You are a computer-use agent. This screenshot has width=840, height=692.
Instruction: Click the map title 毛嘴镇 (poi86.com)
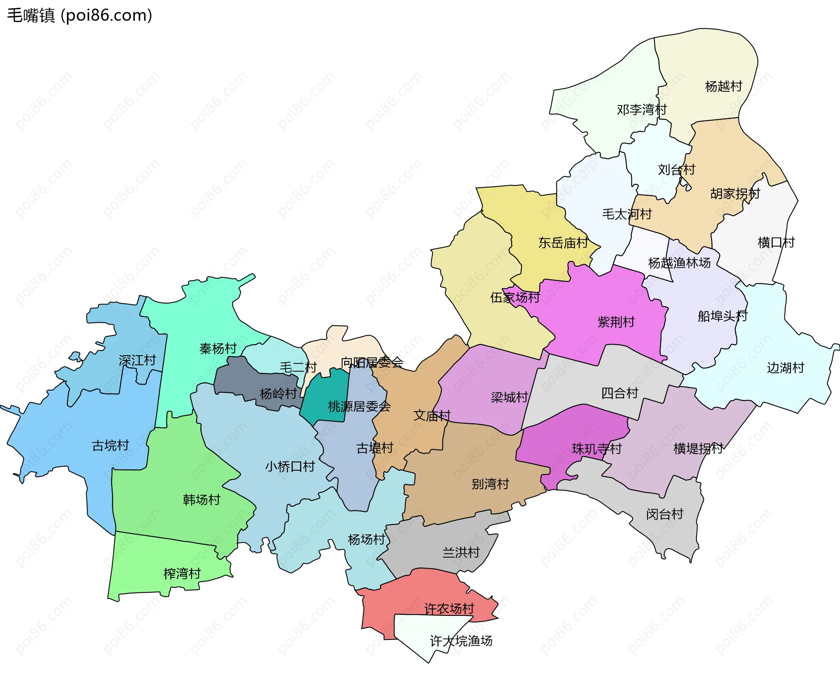tap(80, 15)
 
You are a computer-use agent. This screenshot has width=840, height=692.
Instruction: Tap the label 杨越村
tap(724, 86)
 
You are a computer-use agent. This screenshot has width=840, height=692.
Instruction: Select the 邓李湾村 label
tap(641, 109)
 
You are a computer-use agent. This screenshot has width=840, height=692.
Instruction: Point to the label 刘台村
tap(676, 169)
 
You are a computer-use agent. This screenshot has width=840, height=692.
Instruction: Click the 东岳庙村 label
tap(563, 243)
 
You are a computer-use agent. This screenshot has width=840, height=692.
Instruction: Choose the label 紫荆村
tap(616, 322)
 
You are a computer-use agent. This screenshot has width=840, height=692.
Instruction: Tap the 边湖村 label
tap(785, 367)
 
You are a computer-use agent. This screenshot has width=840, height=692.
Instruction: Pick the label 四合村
tap(619, 393)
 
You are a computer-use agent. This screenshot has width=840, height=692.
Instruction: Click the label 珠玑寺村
tap(597, 449)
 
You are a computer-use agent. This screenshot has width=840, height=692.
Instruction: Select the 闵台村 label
tap(665, 514)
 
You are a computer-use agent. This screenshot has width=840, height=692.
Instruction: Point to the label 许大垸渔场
tap(461, 641)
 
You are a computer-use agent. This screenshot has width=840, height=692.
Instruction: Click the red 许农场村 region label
tap(449, 608)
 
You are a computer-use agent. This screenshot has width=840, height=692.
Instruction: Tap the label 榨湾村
tap(182, 573)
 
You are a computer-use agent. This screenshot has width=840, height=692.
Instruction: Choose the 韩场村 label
tap(201, 500)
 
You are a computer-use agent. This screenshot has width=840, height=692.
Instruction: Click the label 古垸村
tap(110, 445)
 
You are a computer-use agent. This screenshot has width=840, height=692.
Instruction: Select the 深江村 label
tap(137, 360)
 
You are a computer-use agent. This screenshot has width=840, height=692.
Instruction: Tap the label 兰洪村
tap(461, 552)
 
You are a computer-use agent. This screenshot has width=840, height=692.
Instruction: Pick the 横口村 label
tap(776, 242)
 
